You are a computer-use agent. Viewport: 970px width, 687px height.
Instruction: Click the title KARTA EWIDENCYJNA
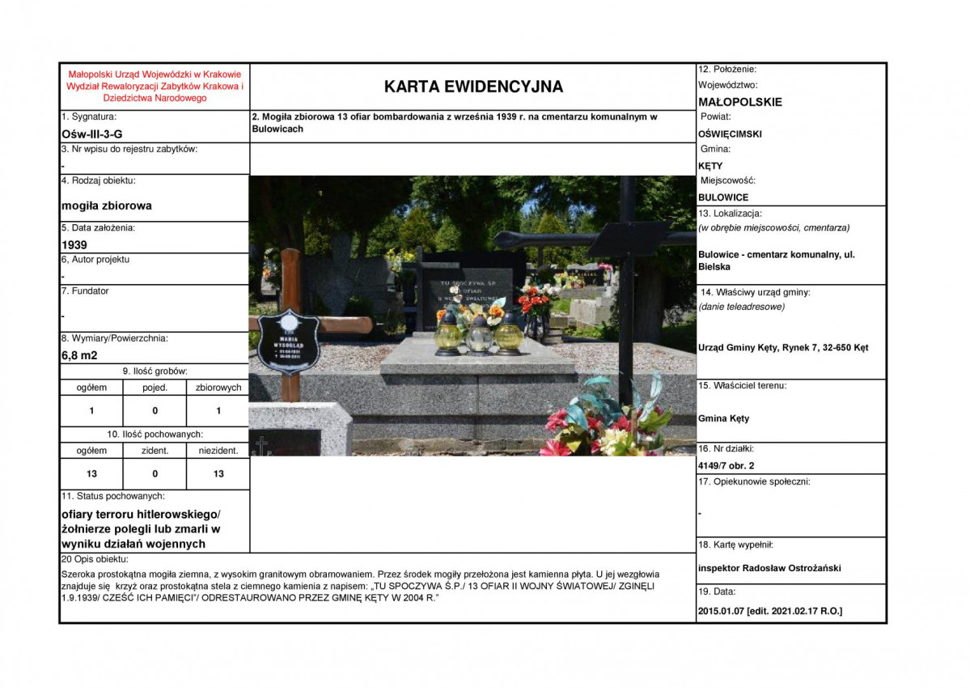click(x=473, y=87)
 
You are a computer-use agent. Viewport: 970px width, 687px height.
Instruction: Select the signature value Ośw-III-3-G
click(x=92, y=134)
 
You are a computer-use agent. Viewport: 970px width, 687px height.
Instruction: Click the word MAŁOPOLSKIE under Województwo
click(x=739, y=102)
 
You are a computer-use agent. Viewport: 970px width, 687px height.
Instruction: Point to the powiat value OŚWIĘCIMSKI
click(x=730, y=134)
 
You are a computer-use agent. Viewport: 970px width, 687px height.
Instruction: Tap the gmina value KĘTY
click(x=710, y=166)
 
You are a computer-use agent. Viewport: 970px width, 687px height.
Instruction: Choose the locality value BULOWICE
click(x=723, y=197)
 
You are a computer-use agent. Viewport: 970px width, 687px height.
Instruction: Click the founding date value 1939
click(x=75, y=244)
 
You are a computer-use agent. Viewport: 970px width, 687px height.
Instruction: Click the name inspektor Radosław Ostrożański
click(x=769, y=568)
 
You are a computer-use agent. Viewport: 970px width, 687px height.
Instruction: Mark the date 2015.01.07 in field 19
click(x=720, y=611)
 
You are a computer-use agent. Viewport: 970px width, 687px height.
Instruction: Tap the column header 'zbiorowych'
click(x=218, y=388)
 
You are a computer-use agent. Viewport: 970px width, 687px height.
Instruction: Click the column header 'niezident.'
click(x=218, y=451)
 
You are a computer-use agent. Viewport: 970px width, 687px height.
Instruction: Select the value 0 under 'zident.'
click(x=155, y=473)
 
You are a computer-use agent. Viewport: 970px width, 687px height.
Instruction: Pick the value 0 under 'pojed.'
click(x=155, y=410)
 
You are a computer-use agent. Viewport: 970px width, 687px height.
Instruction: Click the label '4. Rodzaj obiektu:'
click(x=99, y=180)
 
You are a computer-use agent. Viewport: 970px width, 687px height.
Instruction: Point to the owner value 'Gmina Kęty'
click(x=723, y=418)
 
